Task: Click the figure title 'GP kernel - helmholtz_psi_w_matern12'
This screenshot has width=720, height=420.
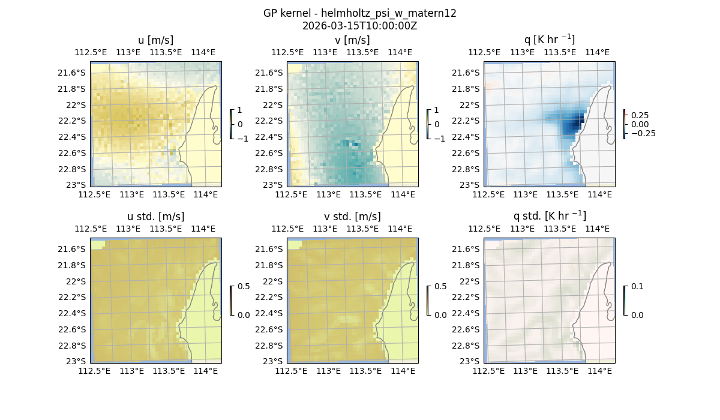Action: point(359,13)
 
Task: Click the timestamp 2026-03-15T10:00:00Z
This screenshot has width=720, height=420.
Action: point(359,26)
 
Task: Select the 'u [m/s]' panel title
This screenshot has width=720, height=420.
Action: point(155,40)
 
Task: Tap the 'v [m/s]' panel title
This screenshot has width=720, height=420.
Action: point(352,40)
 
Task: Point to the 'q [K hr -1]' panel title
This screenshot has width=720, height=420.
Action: point(549,40)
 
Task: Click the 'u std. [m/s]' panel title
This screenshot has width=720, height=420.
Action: point(155,217)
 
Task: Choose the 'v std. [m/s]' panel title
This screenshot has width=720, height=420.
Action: point(352,217)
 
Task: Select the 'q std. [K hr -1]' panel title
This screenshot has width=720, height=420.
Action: point(549,217)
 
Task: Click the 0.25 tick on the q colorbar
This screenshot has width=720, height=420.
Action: point(640,115)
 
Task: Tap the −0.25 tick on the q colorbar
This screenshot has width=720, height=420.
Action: point(643,133)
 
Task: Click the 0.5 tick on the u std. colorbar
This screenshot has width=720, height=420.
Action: point(243,286)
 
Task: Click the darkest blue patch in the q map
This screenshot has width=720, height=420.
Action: point(577,123)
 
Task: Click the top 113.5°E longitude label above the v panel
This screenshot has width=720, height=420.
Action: point(362,52)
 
